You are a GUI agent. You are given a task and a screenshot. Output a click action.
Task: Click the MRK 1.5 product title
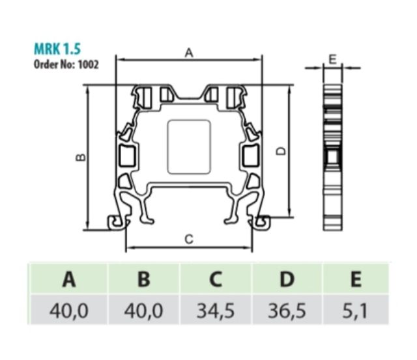[x=57, y=49]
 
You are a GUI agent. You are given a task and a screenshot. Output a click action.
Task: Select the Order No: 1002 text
[x=66, y=64]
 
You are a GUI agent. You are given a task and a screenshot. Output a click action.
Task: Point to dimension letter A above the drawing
[x=189, y=53]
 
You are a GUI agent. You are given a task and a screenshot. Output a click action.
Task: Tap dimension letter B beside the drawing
[x=81, y=158]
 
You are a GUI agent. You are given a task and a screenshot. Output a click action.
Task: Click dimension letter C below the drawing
[x=189, y=239]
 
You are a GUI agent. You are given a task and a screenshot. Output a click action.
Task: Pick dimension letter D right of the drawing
[x=281, y=151]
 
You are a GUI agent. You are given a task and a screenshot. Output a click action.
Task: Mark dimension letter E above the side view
[x=333, y=59]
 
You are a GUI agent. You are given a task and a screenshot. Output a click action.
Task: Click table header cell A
[x=69, y=279]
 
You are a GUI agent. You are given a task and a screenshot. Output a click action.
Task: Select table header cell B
[x=143, y=279]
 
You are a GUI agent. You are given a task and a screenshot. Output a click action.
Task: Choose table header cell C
[x=216, y=279]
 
